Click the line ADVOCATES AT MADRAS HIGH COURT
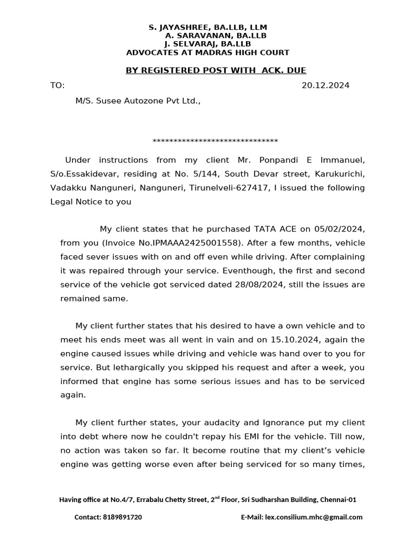click(207, 52)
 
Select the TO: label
click(57, 85)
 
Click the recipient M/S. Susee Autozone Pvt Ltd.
click(138, 101)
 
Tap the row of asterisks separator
click(215, 142)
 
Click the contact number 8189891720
click(122, 517)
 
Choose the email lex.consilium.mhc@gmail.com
click(314, 517)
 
